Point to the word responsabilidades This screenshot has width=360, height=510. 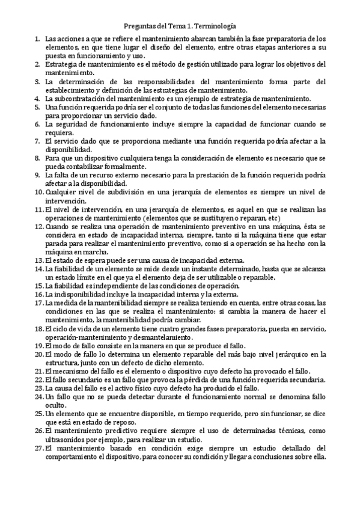(x=146, y=81)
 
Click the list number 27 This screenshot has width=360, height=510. (x=38, y=448)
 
